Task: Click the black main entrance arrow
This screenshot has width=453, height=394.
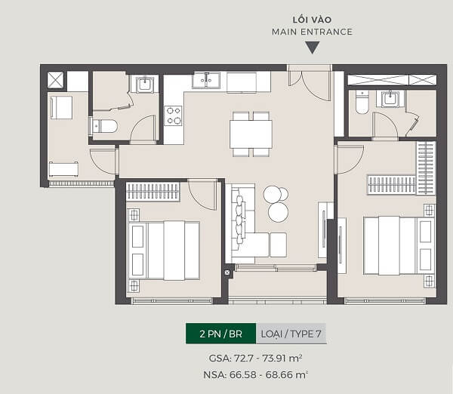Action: [313, 48]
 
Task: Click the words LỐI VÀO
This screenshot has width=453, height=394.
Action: [312, 20]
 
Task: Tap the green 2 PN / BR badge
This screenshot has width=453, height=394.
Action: [220, 334]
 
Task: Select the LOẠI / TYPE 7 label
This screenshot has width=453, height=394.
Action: [291, 334]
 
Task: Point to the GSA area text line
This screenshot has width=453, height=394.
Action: [255, 359]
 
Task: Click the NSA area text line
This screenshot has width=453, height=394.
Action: [255, 374]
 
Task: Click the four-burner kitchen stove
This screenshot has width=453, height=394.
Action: [173, 115]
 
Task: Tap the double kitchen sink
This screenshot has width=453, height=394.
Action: [206, 80]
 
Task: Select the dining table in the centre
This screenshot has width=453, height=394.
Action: [251, 134]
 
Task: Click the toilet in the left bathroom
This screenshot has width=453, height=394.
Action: [104, 126]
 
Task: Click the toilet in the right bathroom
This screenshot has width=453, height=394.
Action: [362, 102]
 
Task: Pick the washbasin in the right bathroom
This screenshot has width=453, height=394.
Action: [390, 99]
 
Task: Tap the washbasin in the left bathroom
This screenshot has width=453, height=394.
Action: [145, 84]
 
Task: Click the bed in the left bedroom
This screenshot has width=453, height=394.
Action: [164, 251]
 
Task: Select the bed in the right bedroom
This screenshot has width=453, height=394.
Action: [399, 246]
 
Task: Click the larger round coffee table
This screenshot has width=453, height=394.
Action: [278, 212]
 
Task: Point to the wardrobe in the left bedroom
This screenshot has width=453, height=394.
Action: [153, 191]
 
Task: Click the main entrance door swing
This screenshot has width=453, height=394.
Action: [316, 86]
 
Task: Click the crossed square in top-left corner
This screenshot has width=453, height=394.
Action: [55, 80]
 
